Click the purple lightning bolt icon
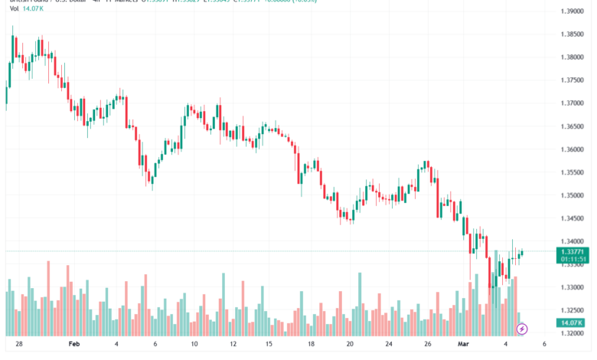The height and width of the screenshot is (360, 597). pyautogui.click(x=522, y=329)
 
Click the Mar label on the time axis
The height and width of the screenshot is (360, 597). pyautogui.click(x=463, y=345)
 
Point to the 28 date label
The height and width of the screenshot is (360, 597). pyautogui.click(x=18, y=345)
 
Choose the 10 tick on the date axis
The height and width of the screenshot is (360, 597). pyautogui.click(x=194, y=345)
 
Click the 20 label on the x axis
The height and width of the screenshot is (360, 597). pyautogui.click(x=349, y=345)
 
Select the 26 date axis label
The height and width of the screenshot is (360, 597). pyautogui.click(x=426, y=345)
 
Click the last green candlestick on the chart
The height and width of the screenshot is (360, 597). pyautogui.click(x=522, y=254)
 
